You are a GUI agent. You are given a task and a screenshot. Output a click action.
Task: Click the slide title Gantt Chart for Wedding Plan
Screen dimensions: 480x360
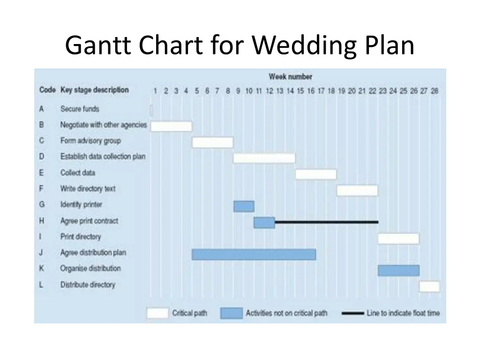point(240,46)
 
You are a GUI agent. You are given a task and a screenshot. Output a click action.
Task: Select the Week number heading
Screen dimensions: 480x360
point(290,76)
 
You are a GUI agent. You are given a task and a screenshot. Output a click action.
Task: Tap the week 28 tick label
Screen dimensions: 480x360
point(435,91)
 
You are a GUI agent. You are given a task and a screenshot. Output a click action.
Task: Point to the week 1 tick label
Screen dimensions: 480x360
point(155,91)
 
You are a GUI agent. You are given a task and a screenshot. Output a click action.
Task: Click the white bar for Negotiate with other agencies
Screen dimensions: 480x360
point(171,126)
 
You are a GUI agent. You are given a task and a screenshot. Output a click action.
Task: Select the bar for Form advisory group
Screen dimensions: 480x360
point(212,142)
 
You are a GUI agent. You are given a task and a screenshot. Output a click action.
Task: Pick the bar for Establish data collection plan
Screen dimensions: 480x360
point(264,158)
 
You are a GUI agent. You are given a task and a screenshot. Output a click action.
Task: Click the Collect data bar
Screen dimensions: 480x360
point(316,174)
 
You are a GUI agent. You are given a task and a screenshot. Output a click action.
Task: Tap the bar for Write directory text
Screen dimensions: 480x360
point(357,190)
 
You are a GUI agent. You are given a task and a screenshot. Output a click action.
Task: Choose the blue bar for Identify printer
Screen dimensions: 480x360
point(244,206)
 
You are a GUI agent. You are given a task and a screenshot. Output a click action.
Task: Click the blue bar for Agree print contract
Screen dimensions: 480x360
point(264,222)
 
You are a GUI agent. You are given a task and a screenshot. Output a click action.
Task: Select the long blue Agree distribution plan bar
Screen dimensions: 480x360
point(254,254)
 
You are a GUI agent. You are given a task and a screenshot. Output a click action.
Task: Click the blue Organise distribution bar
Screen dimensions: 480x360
point(398,270)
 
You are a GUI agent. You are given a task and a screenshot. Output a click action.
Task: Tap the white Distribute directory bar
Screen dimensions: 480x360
point(429,286)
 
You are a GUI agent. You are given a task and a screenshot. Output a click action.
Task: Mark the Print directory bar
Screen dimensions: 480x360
point(398,238)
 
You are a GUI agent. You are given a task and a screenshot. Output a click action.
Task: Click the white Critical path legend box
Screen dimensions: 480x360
point(157,313)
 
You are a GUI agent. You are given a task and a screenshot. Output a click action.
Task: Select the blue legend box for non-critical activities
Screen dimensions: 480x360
point(232,313)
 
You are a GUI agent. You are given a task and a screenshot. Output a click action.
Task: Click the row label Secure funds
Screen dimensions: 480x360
point(80,109)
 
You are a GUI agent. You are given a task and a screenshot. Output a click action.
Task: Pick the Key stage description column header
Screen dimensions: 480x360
point(94,90)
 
